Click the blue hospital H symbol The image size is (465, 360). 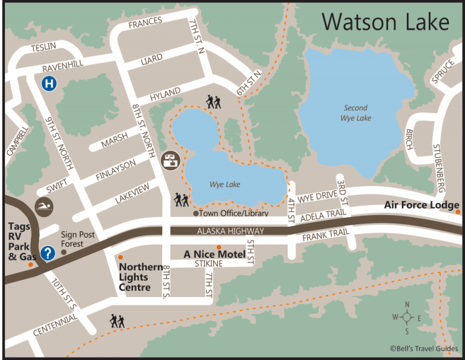coord(49,84)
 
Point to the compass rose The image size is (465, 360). coord(407,317)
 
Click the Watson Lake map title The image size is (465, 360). coord(385,23)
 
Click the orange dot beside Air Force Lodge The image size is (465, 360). coord(458,212)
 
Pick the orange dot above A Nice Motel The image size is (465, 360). coord(219,247)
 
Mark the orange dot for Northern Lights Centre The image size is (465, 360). coord(120,258)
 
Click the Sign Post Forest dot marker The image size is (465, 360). coord(64,252)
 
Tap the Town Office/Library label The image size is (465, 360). coord(233,213)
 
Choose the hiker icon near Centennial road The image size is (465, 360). coord(117,321)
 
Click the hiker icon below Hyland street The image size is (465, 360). coord(213,102)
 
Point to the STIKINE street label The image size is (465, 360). coord(209,264)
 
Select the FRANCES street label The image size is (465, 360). coord(145,22)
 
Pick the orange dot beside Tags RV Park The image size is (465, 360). coord(30,265)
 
